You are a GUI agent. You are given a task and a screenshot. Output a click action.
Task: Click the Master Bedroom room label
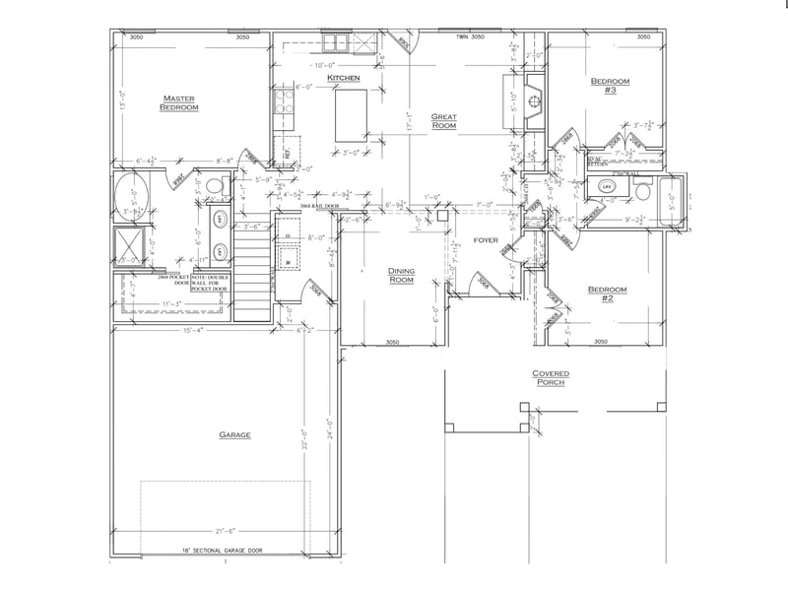coord(179,102)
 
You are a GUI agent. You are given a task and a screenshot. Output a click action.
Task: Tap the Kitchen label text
coord(344,78)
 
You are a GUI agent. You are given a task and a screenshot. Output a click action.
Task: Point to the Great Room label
coord(444,121)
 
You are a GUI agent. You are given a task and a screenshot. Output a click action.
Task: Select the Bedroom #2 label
coord(607,293)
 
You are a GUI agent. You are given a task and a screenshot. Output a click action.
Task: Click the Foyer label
coord(487,240)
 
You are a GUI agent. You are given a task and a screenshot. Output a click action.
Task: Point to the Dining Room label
coord(399,275)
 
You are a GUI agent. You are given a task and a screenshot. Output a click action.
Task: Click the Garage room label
coord(235,434)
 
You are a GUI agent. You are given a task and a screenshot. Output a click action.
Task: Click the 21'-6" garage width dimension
coord(226,531)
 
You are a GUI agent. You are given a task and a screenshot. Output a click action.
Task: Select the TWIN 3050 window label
coord(471,37)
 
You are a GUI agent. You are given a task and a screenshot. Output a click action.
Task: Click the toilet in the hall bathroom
coord(641,194)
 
